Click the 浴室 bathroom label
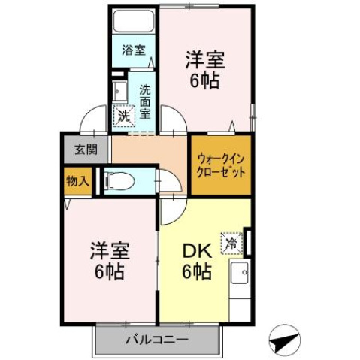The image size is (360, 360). [x=133, y=52]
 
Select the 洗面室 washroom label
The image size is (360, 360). [x=145, y=101]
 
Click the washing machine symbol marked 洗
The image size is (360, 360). [x=123, y=116]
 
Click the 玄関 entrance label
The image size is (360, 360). [x=85, y=148]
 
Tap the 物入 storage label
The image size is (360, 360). [x=77, y=180]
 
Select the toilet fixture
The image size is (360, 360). [x=120, y=181]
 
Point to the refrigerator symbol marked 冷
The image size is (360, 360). [x=233, y=242]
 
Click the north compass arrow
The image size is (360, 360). [x=283, y=340]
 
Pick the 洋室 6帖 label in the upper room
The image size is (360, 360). [x=204, y=69]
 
